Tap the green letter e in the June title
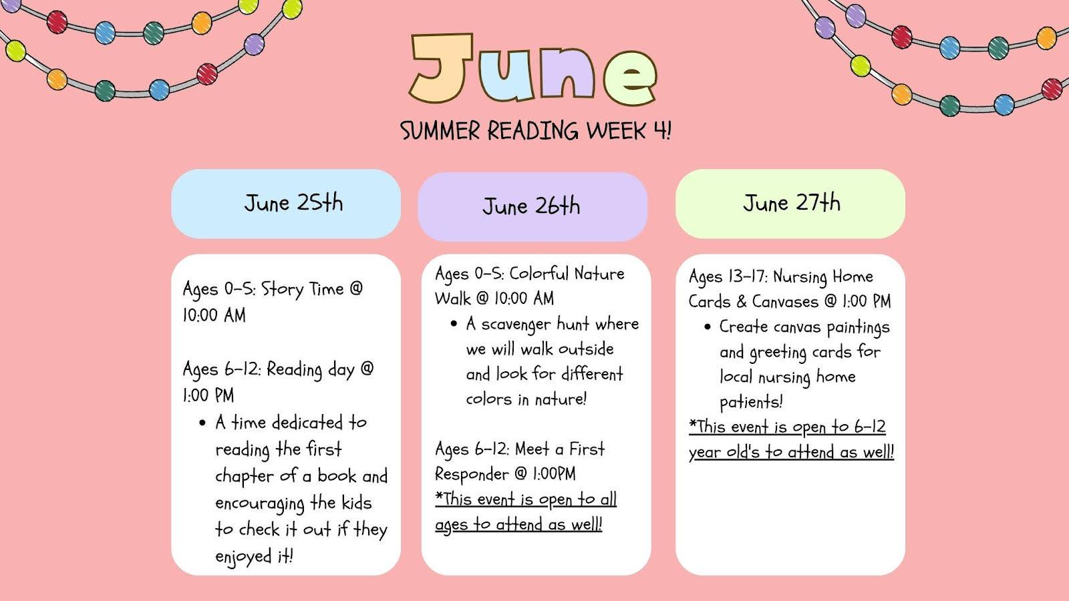click(x=631, y=77)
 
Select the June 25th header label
click(x=293, y=203)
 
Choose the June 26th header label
click(x=531, y=206)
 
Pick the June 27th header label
click(x=791, y=203)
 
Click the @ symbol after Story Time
click(x=356, y=288)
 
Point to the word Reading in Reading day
click(x=295, y=370)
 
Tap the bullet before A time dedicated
click(x=202, y=423)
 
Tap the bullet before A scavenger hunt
click(x=454, y=325)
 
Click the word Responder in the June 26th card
click(x=472, y=474)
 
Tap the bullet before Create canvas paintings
click(x=708, y=327)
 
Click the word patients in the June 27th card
click(x=751, y=402)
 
